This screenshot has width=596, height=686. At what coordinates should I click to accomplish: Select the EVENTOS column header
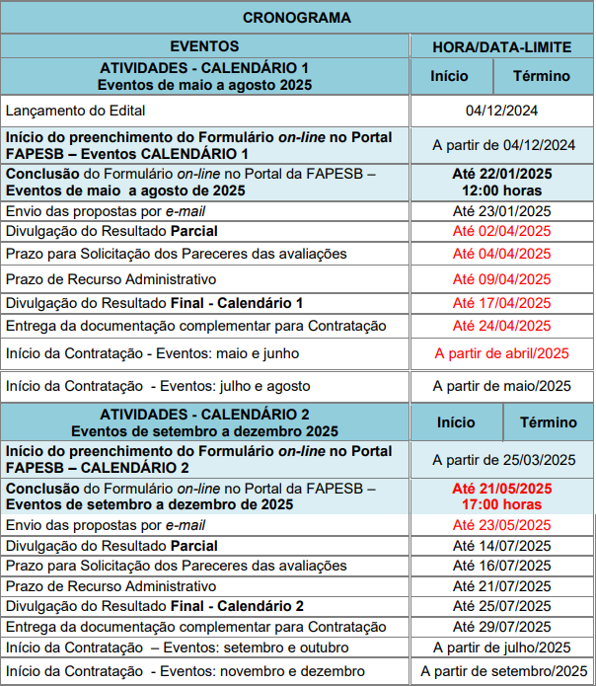coord(204,46)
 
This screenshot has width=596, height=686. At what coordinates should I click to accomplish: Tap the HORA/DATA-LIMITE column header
coord(503,46)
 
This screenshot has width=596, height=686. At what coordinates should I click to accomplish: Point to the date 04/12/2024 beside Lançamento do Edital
coord(503,111)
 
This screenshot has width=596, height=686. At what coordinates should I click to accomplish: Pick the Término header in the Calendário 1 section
coord(541,76)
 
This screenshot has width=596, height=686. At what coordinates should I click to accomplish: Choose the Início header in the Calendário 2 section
coord(456,422)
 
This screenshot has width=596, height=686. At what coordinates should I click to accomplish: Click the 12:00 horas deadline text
coord(503,190)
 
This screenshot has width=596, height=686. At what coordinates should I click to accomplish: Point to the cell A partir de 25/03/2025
coord(503,459)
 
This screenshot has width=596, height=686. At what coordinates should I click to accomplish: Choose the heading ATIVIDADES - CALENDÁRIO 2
coord(204,415)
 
